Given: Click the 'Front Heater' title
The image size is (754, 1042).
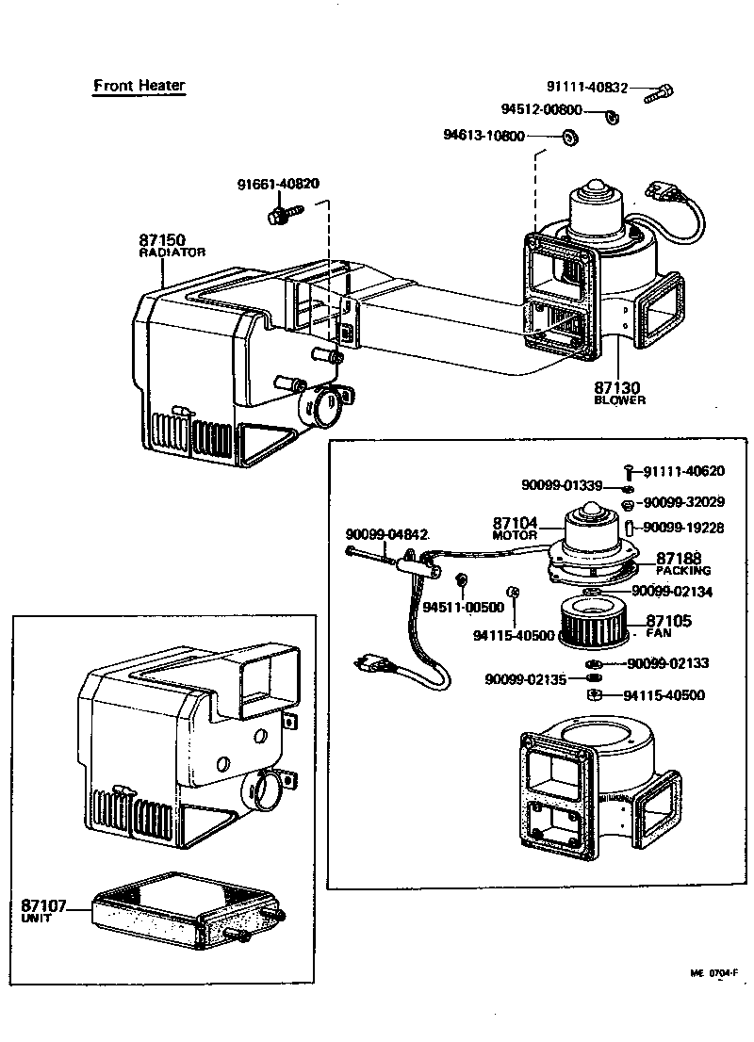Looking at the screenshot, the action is [139, 85].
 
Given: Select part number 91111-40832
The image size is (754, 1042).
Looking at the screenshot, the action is [587, 87].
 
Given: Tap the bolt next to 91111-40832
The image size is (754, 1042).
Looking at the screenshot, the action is [659, 93].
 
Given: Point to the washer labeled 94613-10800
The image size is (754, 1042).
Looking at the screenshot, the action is [570, 138].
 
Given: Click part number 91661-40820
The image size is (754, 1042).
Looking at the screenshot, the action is [278, 184].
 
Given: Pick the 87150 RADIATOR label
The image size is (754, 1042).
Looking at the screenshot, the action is [172, 245].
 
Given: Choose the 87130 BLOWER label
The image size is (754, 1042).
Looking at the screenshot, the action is [619, 393].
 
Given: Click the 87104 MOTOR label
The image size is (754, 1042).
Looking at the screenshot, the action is [515, 529].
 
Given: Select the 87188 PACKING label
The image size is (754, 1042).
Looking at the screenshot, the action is [683, 563].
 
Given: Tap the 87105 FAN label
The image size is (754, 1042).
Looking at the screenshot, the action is [668, 626].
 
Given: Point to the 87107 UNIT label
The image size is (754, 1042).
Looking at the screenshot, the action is [44, 910].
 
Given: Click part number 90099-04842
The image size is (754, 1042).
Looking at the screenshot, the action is [386, 534].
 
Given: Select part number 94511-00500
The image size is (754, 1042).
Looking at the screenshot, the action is [464, 608].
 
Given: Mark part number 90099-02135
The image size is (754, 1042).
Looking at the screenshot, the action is [526, 679].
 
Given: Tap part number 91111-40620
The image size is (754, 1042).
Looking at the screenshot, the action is [683, 471].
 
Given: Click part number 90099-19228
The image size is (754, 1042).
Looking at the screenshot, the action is [683, 528].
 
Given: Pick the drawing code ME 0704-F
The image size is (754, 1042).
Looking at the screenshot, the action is [714, 973].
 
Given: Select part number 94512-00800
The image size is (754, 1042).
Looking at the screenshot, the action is [541, 109].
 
